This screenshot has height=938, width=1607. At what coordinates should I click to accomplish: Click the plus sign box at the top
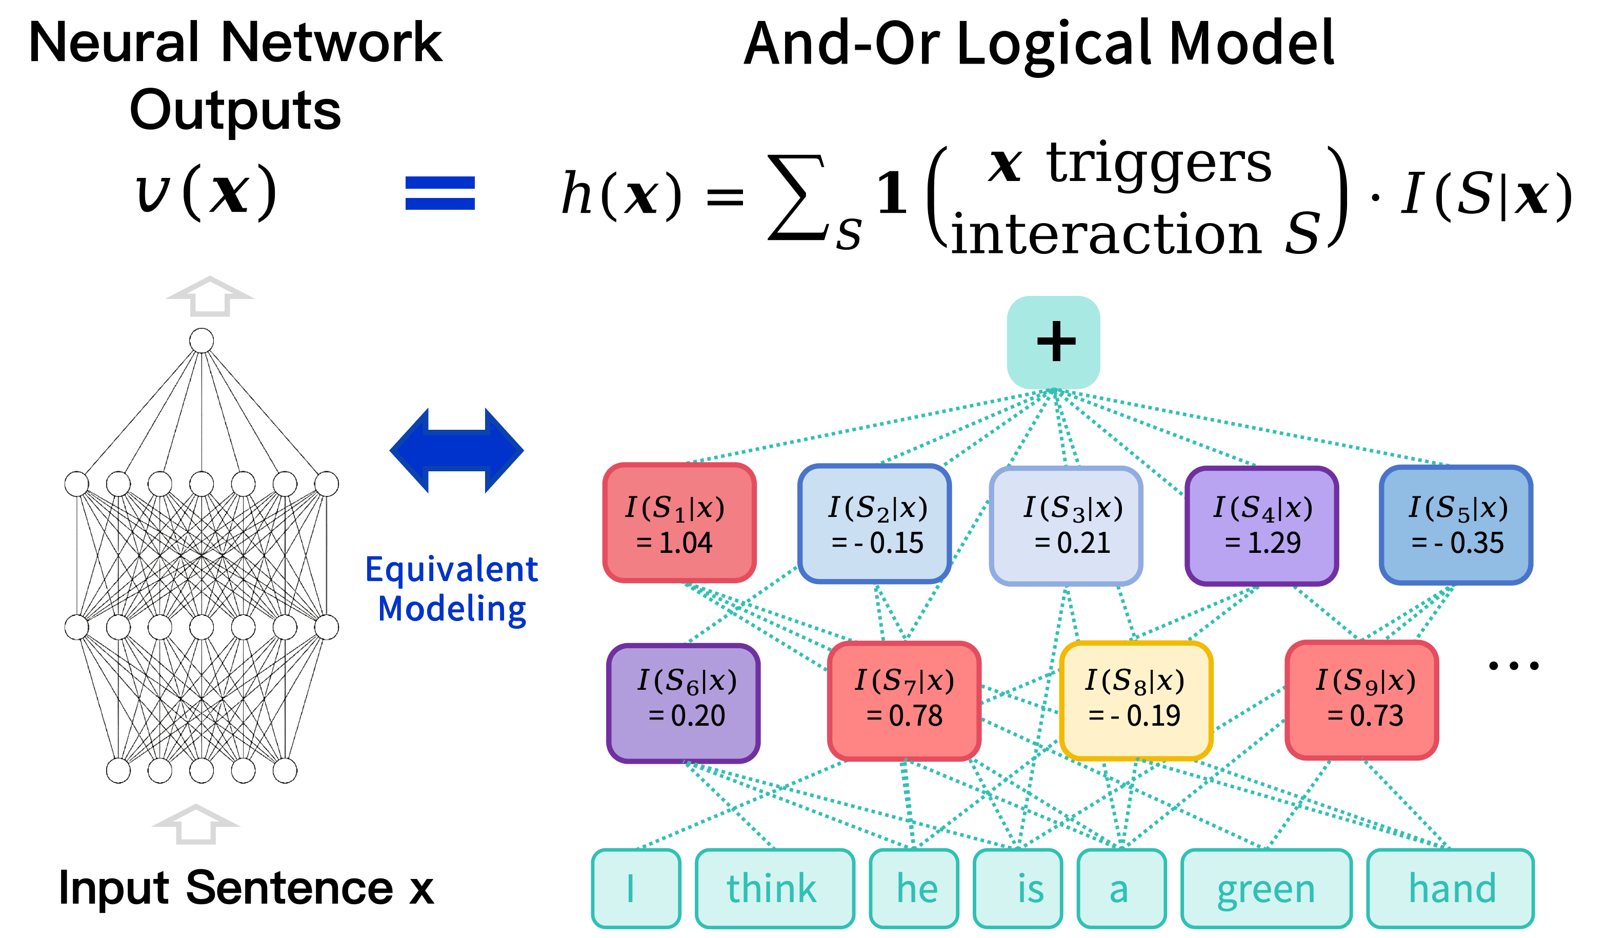[1054, 343]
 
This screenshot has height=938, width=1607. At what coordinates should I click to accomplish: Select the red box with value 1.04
[679, 524]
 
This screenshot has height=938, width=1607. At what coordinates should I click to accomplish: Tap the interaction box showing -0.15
[875, 524]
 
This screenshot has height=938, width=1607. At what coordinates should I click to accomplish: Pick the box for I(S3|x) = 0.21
[1066, 526]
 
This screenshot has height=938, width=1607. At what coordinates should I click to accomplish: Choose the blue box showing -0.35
[1456, 525]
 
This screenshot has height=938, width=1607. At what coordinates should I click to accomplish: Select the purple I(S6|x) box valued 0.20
[683, 703]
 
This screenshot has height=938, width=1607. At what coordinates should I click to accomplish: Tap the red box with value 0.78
[903, 702]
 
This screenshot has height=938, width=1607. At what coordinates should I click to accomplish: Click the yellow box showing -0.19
[1136, 702]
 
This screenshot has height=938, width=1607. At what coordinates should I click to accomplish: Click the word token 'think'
[774, 888]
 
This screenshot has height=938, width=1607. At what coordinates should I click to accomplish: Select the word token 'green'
[1266, 888]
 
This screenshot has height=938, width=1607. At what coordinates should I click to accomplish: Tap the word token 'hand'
[1450, 888]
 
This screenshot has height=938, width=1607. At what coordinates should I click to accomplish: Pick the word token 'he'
[914, 888]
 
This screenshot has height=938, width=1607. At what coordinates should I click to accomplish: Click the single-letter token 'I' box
[636, 888]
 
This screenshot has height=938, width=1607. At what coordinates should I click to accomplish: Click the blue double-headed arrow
[456, 451]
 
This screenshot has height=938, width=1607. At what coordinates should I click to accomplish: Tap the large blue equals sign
[440, 193]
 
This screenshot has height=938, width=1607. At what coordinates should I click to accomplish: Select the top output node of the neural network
[202, 341]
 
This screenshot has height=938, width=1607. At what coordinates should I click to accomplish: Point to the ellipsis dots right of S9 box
[1513, 666]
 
